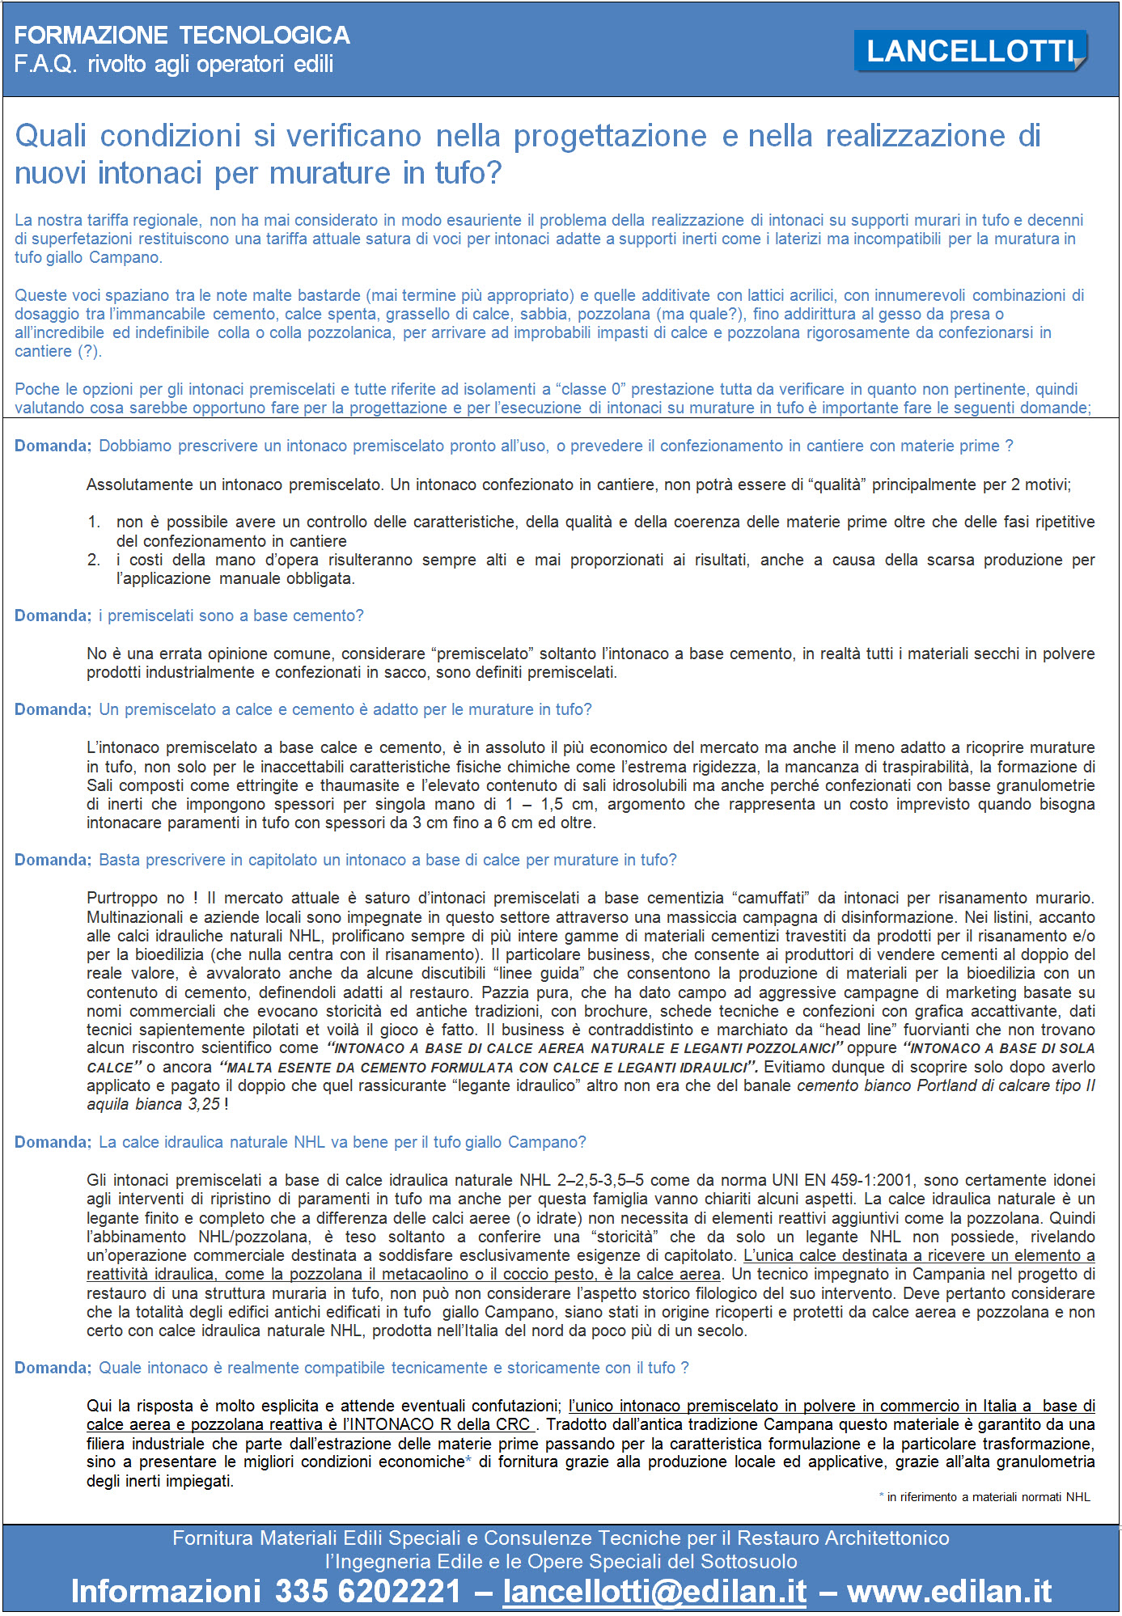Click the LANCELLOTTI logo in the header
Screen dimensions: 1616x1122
pyautogui.click(x=970, y=51)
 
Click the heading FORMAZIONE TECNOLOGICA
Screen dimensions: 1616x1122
pyautogui.click(x=182, y=36)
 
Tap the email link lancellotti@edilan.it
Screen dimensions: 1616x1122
pyautogui.click(x=654, y=1591)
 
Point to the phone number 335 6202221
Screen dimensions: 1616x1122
pyautogui.click(x=368, y=1591)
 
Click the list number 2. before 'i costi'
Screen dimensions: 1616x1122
pyautogui.click(x=94, y=560)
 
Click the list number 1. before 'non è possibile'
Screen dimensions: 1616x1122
pyautogui.click(x=94, y=522)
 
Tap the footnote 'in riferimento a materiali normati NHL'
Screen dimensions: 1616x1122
pyautogui.click(x=988, y=1497)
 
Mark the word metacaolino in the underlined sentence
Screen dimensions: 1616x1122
pyautogui.click(x=425, y=1274)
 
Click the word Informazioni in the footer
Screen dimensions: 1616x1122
pyautogui.click(x=165, y=1591)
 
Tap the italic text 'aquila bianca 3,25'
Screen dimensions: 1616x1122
pyautogui.click(x=153, y=1104)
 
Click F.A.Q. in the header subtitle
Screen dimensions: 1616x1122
pyautogui.click(x=45, y=65)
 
